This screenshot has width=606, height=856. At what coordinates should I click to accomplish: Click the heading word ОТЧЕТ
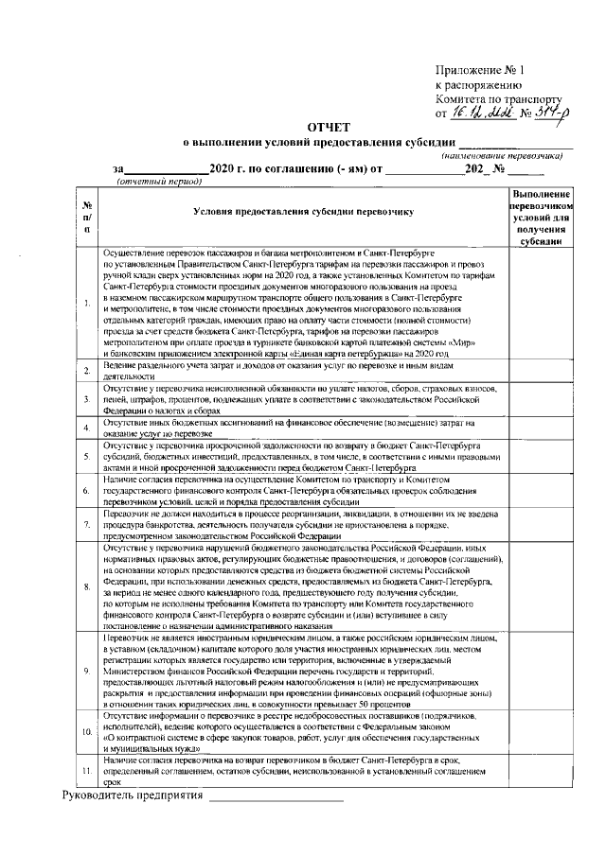(x=328, y=126)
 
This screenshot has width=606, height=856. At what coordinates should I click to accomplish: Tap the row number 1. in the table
(x=87, y=303)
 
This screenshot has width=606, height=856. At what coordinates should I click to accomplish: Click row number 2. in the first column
(x=87, y=369)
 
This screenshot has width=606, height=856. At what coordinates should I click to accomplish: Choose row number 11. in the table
(x=87, y=771)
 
